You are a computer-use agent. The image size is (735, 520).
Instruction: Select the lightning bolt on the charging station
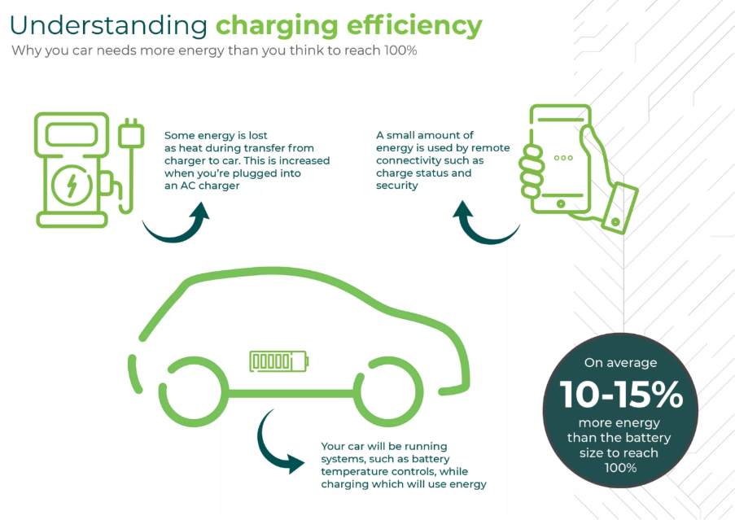[x=72, y=186]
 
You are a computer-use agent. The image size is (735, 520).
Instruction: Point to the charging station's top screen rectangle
[x=71, y=135]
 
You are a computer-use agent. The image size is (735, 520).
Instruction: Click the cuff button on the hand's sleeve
[x=616, y=221]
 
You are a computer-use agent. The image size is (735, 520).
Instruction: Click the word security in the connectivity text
[x=397, y=186]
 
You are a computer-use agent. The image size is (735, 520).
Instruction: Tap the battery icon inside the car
[x=279, y=361]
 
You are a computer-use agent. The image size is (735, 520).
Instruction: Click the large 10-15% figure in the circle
[x=620, y=395]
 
